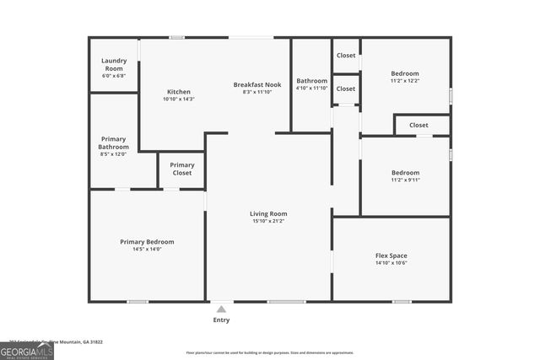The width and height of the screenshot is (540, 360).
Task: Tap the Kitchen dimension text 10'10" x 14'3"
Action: tap(178, 99)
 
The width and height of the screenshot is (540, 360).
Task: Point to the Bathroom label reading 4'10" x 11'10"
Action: tap(311, 88)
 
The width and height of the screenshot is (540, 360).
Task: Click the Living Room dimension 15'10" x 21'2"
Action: tap(268, 222)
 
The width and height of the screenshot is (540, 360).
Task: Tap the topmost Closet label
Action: tap(346, 55)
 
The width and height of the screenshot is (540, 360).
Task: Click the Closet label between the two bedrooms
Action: tap(418, 125)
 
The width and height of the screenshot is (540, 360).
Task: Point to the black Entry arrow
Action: tap(221, 309)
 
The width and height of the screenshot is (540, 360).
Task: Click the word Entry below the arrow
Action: tap(221, 320)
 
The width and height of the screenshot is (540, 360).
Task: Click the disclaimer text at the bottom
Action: tap(269, 352)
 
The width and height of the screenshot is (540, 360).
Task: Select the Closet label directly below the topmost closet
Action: tap(346, 89)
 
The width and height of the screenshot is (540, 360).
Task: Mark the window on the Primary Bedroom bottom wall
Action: tap(138, 301)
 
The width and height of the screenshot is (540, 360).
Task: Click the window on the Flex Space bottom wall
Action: tap(402, 301)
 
